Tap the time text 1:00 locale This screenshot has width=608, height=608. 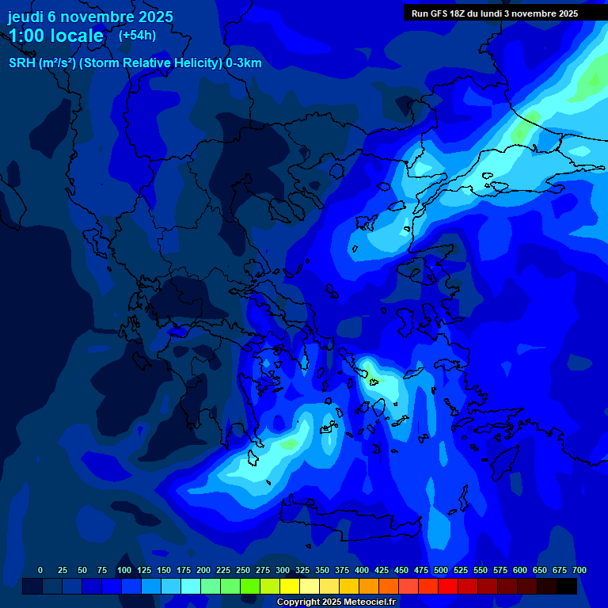point(55,36)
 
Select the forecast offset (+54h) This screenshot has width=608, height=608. point(137,36)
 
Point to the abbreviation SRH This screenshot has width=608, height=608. point(21,63)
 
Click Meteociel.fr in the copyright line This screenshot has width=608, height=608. point(366,602)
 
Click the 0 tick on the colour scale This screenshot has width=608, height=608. point(40,570)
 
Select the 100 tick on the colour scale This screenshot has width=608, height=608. point(124,570)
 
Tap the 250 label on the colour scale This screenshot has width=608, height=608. point(243,570)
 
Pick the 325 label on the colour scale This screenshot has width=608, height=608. point(302,570)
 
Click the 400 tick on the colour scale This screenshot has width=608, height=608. point(362,570)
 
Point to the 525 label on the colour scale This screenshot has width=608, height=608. point(461,570)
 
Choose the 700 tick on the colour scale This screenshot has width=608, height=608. point(579,570)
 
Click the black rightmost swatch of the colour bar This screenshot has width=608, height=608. point(567,586)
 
